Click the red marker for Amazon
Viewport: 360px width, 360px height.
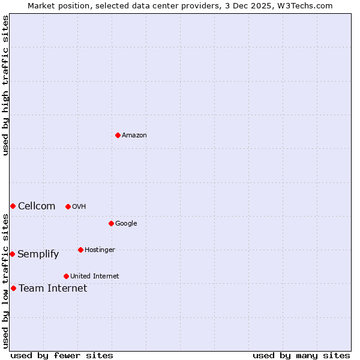click(x=118, y=135)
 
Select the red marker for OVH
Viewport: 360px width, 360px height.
click(x=68, y=206)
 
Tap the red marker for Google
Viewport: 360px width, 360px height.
click(x=111, y=223)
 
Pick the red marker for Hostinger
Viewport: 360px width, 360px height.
click(x=80, y=250)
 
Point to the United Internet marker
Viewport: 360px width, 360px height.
click(x=66, y=276)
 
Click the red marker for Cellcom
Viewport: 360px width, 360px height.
click(x=13, y=206)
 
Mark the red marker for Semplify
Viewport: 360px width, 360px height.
click(x=12, y=254)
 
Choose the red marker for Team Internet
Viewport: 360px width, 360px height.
click(x=13, y=288)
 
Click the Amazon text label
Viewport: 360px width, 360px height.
click(x=134, y=135)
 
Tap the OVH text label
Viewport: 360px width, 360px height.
click(x=79, y=206)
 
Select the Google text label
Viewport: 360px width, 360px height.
click(x=126, y=223)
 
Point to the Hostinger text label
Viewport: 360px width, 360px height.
click(x=100, y=250)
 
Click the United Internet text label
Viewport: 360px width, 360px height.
click(x=95, y=276)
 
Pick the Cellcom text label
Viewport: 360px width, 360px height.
click(x=37, y=206)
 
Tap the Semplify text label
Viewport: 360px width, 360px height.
click(x=38, y=254)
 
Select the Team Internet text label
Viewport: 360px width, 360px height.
click(x=53, y=288)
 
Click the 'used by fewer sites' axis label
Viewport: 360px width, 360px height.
click(x=62, y=355)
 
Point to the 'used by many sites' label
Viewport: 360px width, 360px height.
click(x=301, y=355)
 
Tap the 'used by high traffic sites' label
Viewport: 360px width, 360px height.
click(x=5, y=85)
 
